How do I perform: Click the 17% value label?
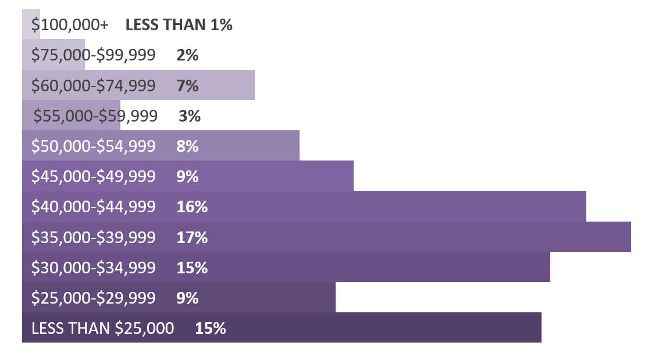pos(191,237)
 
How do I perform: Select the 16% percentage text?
pos(191,207)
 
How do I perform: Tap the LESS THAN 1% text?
pos(179,25)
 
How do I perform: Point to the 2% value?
pos(187,55)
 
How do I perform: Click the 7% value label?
pos(187,85)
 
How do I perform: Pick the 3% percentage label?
pos(190,116)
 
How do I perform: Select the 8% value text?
pos(187,147)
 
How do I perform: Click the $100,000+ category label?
pos(69,25)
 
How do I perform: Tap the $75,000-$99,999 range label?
pos(93,55)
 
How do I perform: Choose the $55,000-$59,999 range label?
pos(95,116)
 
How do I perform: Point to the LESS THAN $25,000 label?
pos(102,329)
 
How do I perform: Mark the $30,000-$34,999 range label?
pos(93,268)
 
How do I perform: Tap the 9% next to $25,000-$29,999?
pos(187,298)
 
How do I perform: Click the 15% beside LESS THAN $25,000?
pos(210,329)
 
